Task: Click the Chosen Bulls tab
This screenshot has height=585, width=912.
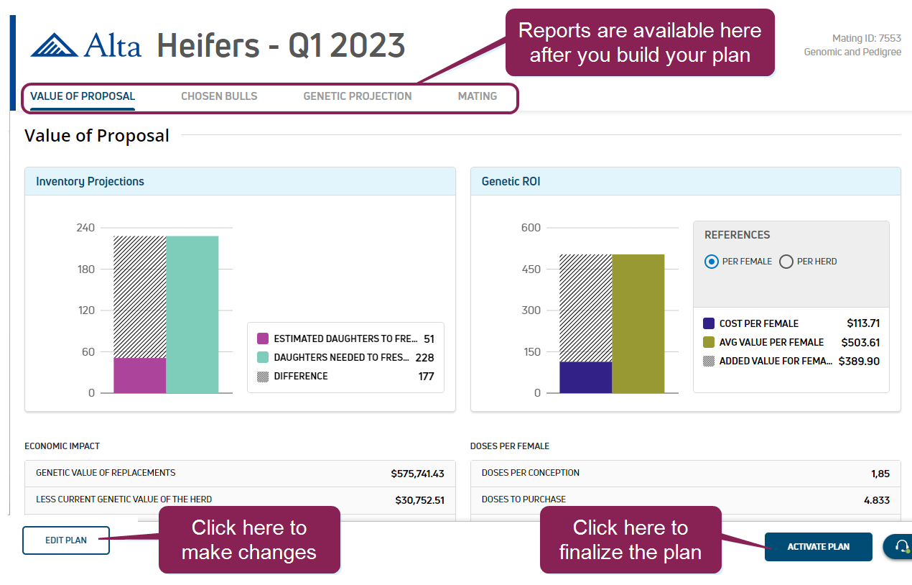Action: pos(219,96)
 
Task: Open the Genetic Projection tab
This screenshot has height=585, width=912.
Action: pos(358,96)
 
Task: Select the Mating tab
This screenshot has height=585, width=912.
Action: pos(478,96)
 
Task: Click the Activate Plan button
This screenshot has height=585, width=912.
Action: pos(818,547)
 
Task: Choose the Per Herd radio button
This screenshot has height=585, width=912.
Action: pos(786,262)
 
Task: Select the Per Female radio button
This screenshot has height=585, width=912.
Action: pos(712,262)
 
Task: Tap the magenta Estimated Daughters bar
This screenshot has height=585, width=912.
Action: pos(139,375)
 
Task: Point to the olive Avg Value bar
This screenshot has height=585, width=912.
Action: pos(638,323)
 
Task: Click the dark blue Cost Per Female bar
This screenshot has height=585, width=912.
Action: pos(585,377)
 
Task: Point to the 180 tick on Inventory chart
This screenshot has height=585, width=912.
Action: pos(85,270)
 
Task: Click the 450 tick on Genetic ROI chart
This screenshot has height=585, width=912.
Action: pos(531,270)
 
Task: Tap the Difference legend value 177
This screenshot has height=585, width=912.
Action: pos(426,376)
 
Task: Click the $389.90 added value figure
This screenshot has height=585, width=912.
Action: pos(859,361)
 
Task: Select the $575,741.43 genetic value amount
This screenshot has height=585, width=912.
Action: pos(417,474)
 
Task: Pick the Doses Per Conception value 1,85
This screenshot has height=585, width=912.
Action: pos(879,474)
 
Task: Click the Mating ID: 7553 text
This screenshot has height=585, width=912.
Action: pos(866,39)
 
